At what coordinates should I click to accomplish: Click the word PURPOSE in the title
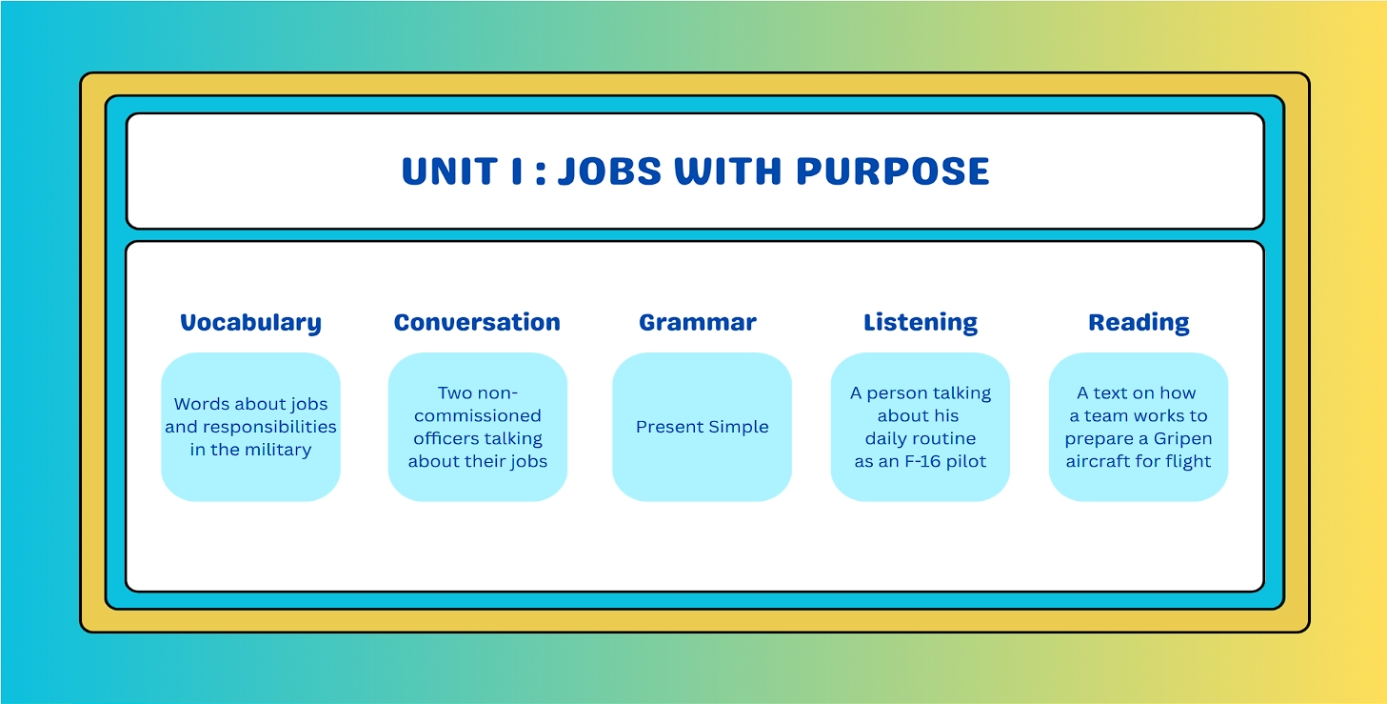pyautogui.click(x=892, y=171)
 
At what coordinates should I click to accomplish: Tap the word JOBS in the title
pyautogui.click(x=610, y=171)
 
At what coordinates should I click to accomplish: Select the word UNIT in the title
pyautogui.click(x=449, y=171)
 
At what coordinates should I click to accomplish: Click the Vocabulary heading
pyautogui.click(x=250, y=323)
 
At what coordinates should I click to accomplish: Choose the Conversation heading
pyautogui.click(x=477, y=322)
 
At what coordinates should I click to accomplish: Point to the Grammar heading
pyautogui.click(x=698, y=322)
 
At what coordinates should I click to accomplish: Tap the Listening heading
pyautogui.click(x=921, y=323)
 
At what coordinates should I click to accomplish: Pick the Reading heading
pyautogui.click(x=1139, y=323)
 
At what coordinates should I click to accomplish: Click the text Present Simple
pyautogui.click(x=703, y=427)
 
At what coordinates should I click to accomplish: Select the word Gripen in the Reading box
pyautogui.click(x=1182, y=439)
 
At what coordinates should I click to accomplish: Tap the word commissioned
pyautogui.click(x=477, y=415)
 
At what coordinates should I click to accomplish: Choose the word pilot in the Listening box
pyautogui.click(x=968, y=461)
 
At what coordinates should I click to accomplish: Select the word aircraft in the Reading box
pyautogui.click(x=1097, y=461)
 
